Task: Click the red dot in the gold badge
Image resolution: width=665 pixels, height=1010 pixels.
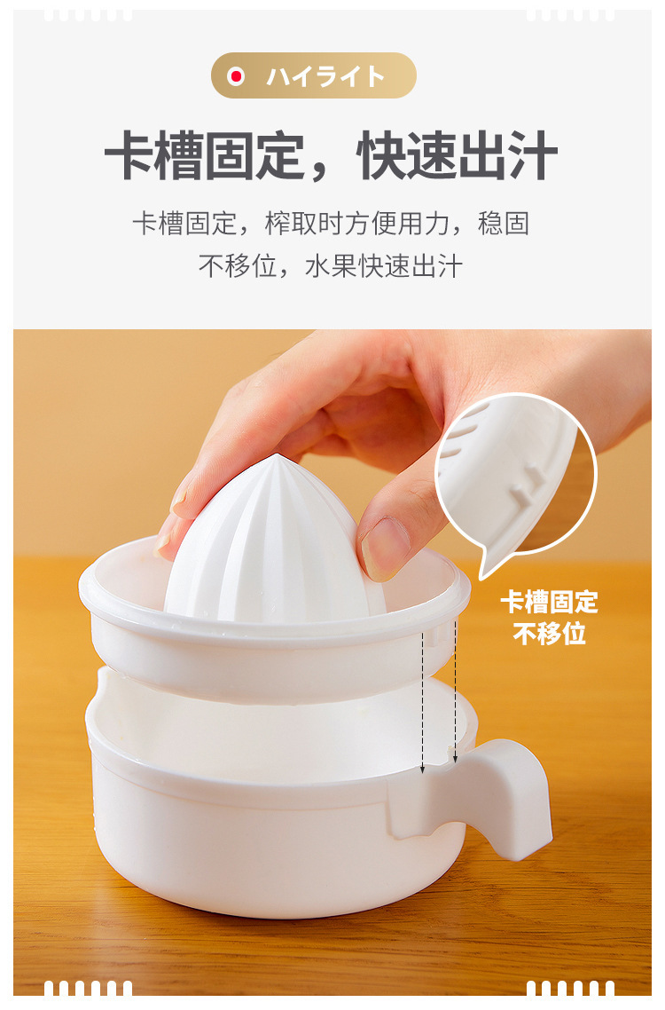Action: (236, 76)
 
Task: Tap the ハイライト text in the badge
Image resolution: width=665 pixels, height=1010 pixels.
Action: (325, 76)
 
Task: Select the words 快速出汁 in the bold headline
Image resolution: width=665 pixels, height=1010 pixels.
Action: (457, 157)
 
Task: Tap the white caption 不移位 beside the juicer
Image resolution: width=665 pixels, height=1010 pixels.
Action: (550, 635)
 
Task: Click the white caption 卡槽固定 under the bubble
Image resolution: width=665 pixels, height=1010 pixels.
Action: (550, 603)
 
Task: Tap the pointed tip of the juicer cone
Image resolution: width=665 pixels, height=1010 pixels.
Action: (276, 459)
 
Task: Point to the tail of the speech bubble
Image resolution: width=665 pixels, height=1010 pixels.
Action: (486, 568)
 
